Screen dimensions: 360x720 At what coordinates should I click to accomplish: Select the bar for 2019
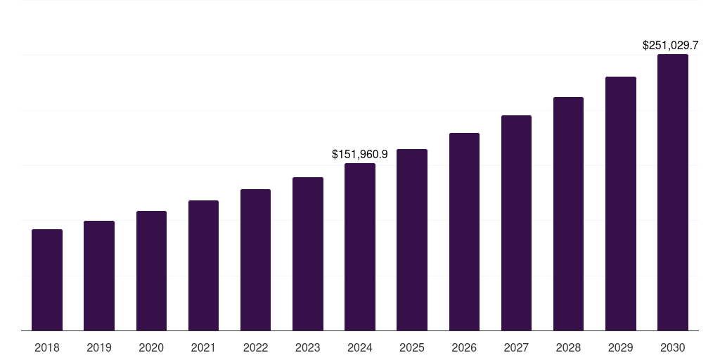[x=99, y=276]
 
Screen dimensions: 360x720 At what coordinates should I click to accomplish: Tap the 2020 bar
[x=151, y=271]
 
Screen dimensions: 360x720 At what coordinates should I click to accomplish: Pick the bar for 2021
[x=203, y=266]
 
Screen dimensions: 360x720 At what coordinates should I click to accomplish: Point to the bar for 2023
[x=308, y=254]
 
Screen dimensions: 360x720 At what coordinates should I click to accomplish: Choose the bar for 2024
[x=360, y=247]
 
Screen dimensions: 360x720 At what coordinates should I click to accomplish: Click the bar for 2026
[x=464, y=232]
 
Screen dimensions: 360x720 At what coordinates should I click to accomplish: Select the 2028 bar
[x=568, y=214]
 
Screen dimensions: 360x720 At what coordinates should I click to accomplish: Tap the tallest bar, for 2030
[x=673, y=193]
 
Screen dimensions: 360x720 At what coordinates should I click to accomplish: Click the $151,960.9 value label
[x=360, y=153]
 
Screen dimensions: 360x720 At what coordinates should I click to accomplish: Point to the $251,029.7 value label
[x=670, y=45]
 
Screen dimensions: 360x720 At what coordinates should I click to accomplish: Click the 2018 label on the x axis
[x=47, y=347]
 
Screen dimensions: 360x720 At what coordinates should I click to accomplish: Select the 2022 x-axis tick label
[x=256, y=347]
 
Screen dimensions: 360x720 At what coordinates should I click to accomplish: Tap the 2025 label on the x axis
[x=412, y=347]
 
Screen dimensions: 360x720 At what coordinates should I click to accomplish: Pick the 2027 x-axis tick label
[x=516, y=347]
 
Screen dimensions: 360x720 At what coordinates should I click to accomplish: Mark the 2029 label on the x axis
[x=620, y=347]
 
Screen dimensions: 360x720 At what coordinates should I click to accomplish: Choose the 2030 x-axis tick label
[x=673, y=347]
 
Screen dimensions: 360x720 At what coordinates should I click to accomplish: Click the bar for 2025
[x=412, y=240]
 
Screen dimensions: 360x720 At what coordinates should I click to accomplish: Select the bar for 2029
[x=620, y=204]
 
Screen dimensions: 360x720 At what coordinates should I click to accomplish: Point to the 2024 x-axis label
[x=360, y=347]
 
